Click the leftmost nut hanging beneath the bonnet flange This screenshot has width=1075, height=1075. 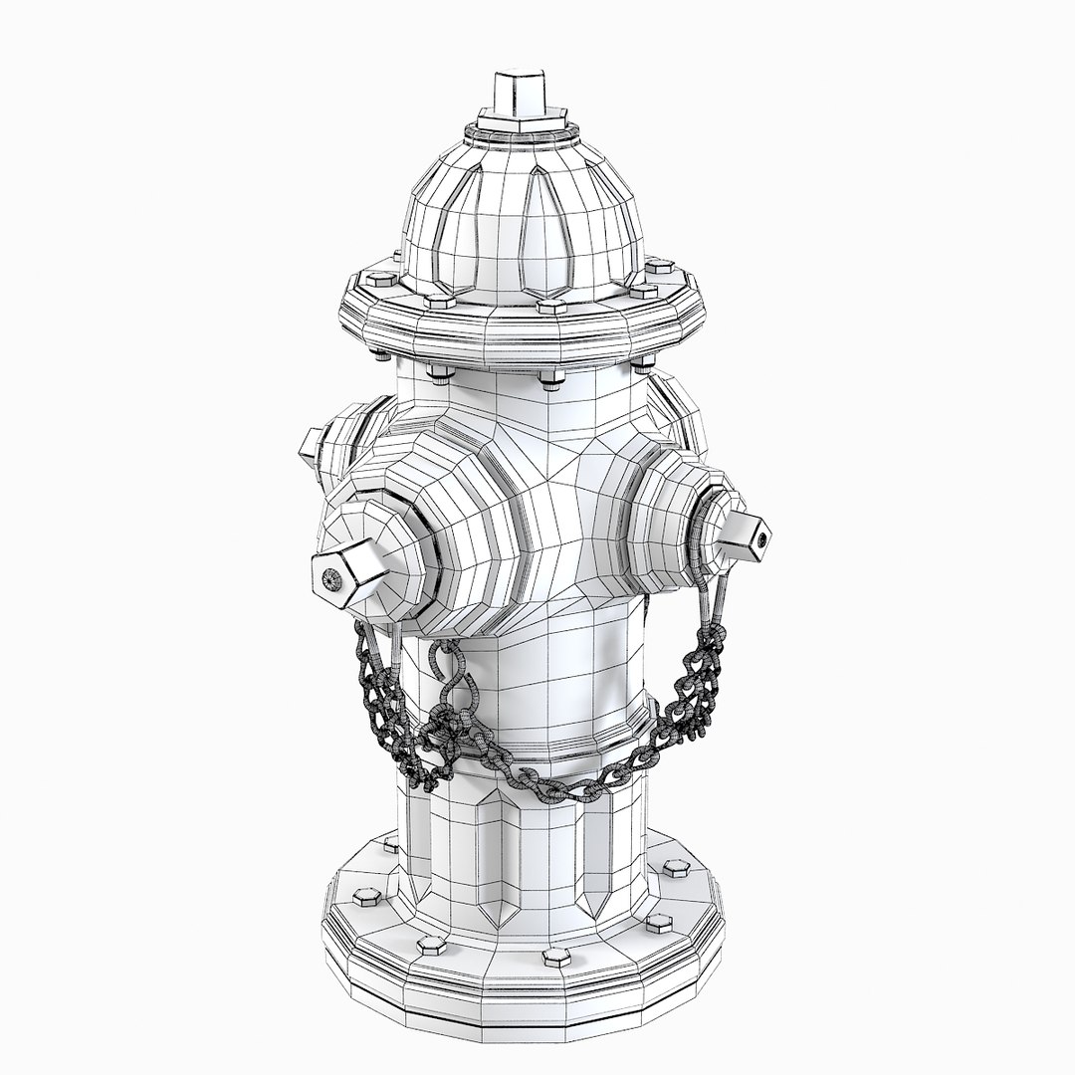tap(384, 352)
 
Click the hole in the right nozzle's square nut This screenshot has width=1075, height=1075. tap(763, 538)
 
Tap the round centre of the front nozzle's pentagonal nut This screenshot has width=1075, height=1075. tap(329, 578)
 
